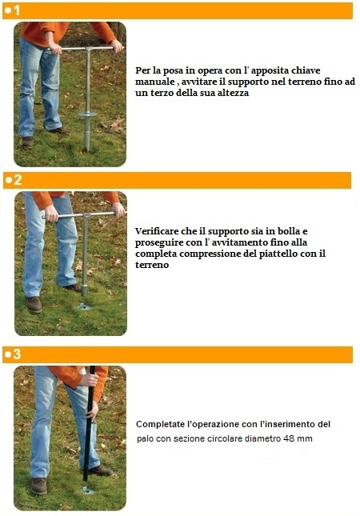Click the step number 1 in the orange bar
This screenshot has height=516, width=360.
click(x=17, y=10)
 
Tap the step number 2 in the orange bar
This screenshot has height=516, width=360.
click(x=18, y=180)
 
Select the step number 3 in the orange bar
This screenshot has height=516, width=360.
click(x=17, y=354)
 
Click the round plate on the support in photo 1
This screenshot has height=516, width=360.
click(x=87, y=114)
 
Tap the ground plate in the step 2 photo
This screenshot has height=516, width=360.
click(x=85, y=306)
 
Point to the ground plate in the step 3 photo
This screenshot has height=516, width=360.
click(x=87, y=490)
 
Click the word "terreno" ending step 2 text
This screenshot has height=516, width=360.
click(x=152, y=265)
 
